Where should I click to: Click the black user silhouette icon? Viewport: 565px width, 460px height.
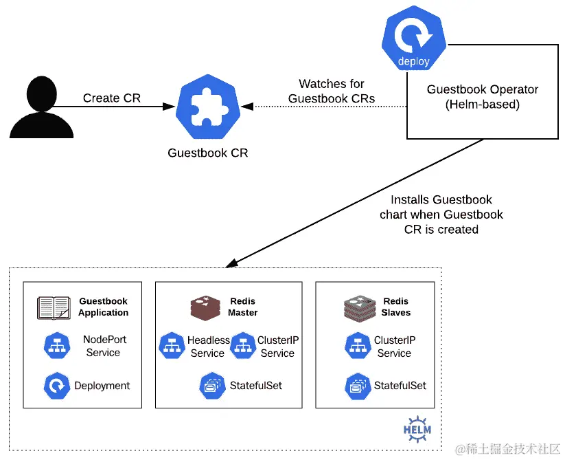(x=41, y=107)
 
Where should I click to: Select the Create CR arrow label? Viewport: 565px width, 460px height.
(x=112, y=98)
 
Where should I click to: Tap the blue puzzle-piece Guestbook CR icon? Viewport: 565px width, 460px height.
(x=208, y=107)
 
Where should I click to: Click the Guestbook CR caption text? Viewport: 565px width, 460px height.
(x=208, y=153)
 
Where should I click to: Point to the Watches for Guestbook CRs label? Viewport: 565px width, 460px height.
(x=332, y=91)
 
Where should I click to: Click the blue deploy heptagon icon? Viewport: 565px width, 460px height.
(x=414, y=38)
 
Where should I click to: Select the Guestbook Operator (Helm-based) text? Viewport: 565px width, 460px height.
(x=483, y=97)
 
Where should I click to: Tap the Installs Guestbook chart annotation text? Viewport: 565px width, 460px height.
(x=441, y=215)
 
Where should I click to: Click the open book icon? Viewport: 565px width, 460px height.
(x=54, y=308)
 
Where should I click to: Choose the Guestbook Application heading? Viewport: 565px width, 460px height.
(x=104, y=307)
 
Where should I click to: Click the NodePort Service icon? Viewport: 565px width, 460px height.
(x=57, y=346)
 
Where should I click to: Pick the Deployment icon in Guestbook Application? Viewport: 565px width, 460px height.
(x=57, y=386)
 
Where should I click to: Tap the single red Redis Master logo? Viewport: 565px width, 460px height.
(x=205, y=308)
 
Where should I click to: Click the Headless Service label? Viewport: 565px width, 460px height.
(x=208, y=347)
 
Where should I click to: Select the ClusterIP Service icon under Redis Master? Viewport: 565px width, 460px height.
(x=243, y=346)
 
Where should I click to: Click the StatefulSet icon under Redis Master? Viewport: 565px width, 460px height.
(x=213, y=386)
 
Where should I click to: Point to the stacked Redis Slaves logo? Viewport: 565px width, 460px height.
(x=360, y=308)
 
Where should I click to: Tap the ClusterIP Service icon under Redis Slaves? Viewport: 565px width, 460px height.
(x=358, y=346)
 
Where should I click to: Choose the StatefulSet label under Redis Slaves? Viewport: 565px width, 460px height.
(x=400, y=386)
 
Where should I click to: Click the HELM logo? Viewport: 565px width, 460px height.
(x=417, y=429)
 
